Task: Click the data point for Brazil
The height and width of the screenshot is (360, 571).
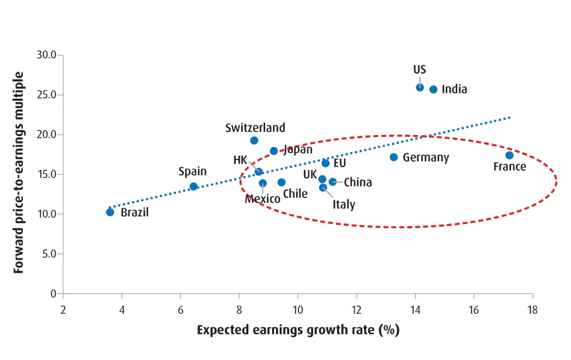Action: [110, 212]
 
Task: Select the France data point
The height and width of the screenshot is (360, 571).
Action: [509, 155]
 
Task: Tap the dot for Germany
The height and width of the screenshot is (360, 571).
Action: [394, 157]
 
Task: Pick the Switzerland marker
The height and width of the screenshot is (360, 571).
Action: [254, 141]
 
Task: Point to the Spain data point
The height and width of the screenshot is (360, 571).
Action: [194, 186]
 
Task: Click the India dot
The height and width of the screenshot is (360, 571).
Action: [434, 90]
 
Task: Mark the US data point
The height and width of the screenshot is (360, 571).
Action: [420, 87]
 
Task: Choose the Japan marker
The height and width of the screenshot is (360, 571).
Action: [274, 151]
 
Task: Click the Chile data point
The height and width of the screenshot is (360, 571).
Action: [281, 182]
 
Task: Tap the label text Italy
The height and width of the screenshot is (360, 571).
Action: [344, 205]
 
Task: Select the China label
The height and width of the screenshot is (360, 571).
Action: [358, 182]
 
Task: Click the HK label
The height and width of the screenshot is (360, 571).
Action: [240, 160]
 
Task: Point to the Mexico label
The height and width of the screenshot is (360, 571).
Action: [263, 199]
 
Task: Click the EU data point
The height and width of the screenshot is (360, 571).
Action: [326, 163]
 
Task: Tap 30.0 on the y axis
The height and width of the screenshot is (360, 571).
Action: [45, 55]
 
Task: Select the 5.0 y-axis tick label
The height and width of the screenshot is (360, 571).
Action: [47, 254]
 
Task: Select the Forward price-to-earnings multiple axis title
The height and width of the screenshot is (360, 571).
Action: [19, 173]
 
